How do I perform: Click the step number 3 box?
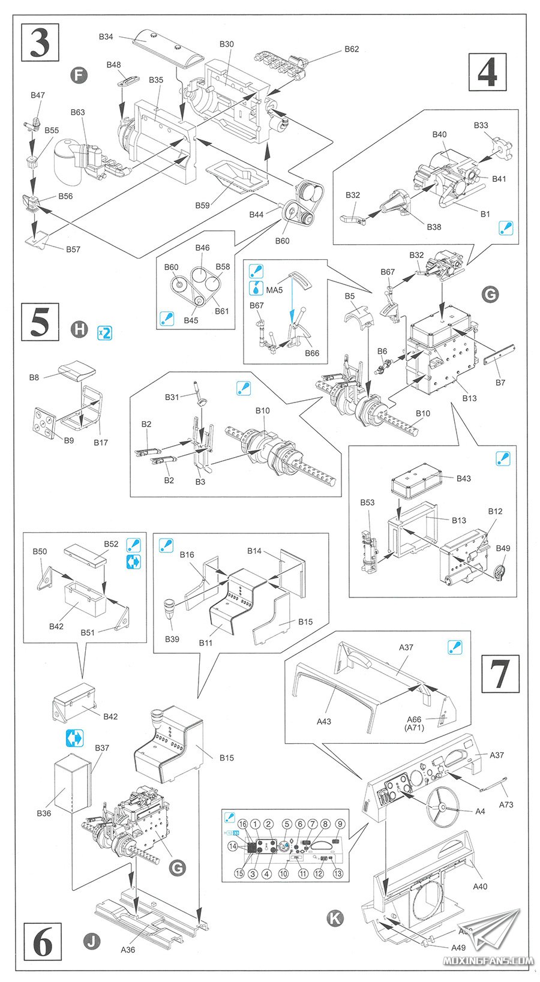tap(40, 41)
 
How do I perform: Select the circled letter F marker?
tap(79, 76)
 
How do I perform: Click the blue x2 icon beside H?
tap(104, 332)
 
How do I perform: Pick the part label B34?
tap(106, 37)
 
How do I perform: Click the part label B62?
tap(352, 49)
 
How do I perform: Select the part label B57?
tap(73, 249)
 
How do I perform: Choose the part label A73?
tap(506, 804)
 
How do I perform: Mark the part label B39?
tap(172, 639)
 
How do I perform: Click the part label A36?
tap(128, 950)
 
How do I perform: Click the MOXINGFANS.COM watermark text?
tap(488, 961)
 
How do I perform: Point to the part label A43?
tap(324, 722)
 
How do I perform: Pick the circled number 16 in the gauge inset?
tap(243, 824)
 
